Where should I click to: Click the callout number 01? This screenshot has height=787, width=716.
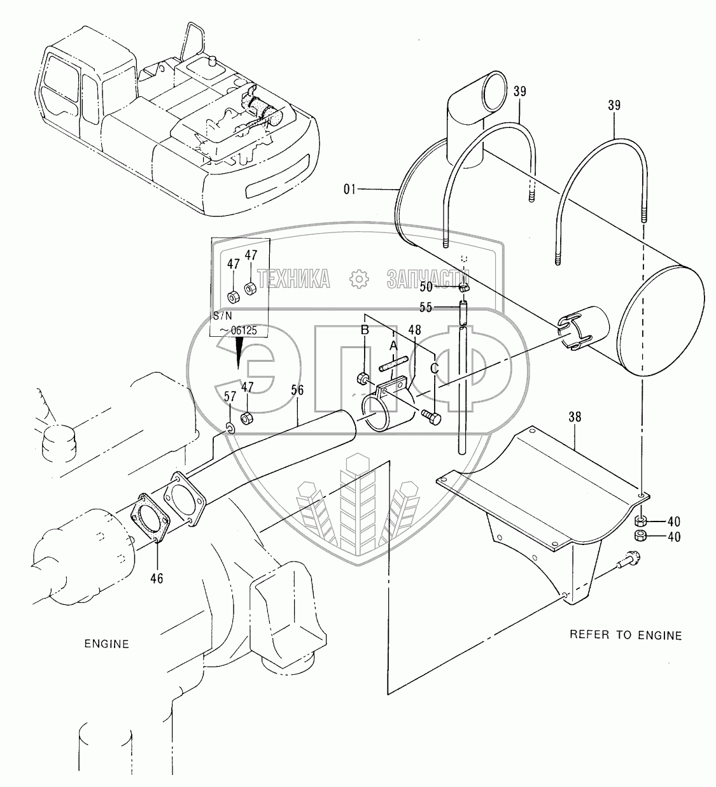pyautogui.click(x=349, y=190)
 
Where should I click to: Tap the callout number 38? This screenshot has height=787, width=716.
pyautogui.click(x=575, y=416)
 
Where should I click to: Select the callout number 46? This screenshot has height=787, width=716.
pyautogui.click(x=157, y=578)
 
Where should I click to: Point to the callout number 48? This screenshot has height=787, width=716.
pyautogui.click(x=415, y=330)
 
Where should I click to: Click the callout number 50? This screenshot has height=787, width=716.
pyautogui.click(x=426, y=287)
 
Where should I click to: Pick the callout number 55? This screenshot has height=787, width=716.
pyautogui.click(x=426, y=307)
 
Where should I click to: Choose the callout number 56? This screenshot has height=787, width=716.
pyautogui.click(x=298, y=390)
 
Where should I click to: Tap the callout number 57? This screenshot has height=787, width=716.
pyautogui.click(x=230, y=396)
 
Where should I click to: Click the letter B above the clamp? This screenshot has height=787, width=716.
pyautogui.click(x=365, y=330)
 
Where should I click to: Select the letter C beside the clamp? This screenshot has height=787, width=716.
pyautogui.click(x=434, y=368)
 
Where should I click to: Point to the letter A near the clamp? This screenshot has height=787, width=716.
pyautogui.click(x=393, y=346)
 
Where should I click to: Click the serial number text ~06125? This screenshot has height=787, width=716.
pyautogui.click(x=238, y=330)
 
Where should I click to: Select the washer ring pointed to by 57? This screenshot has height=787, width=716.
pyautogui.click(x=230, y=428)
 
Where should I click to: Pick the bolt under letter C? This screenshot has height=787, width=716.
pyautogui.click(x=432, y=417)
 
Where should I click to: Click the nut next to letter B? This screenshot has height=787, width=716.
pyautogui.click(x=363, y=379)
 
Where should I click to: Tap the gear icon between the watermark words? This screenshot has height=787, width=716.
pyautogui.click(x=359, y=280)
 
